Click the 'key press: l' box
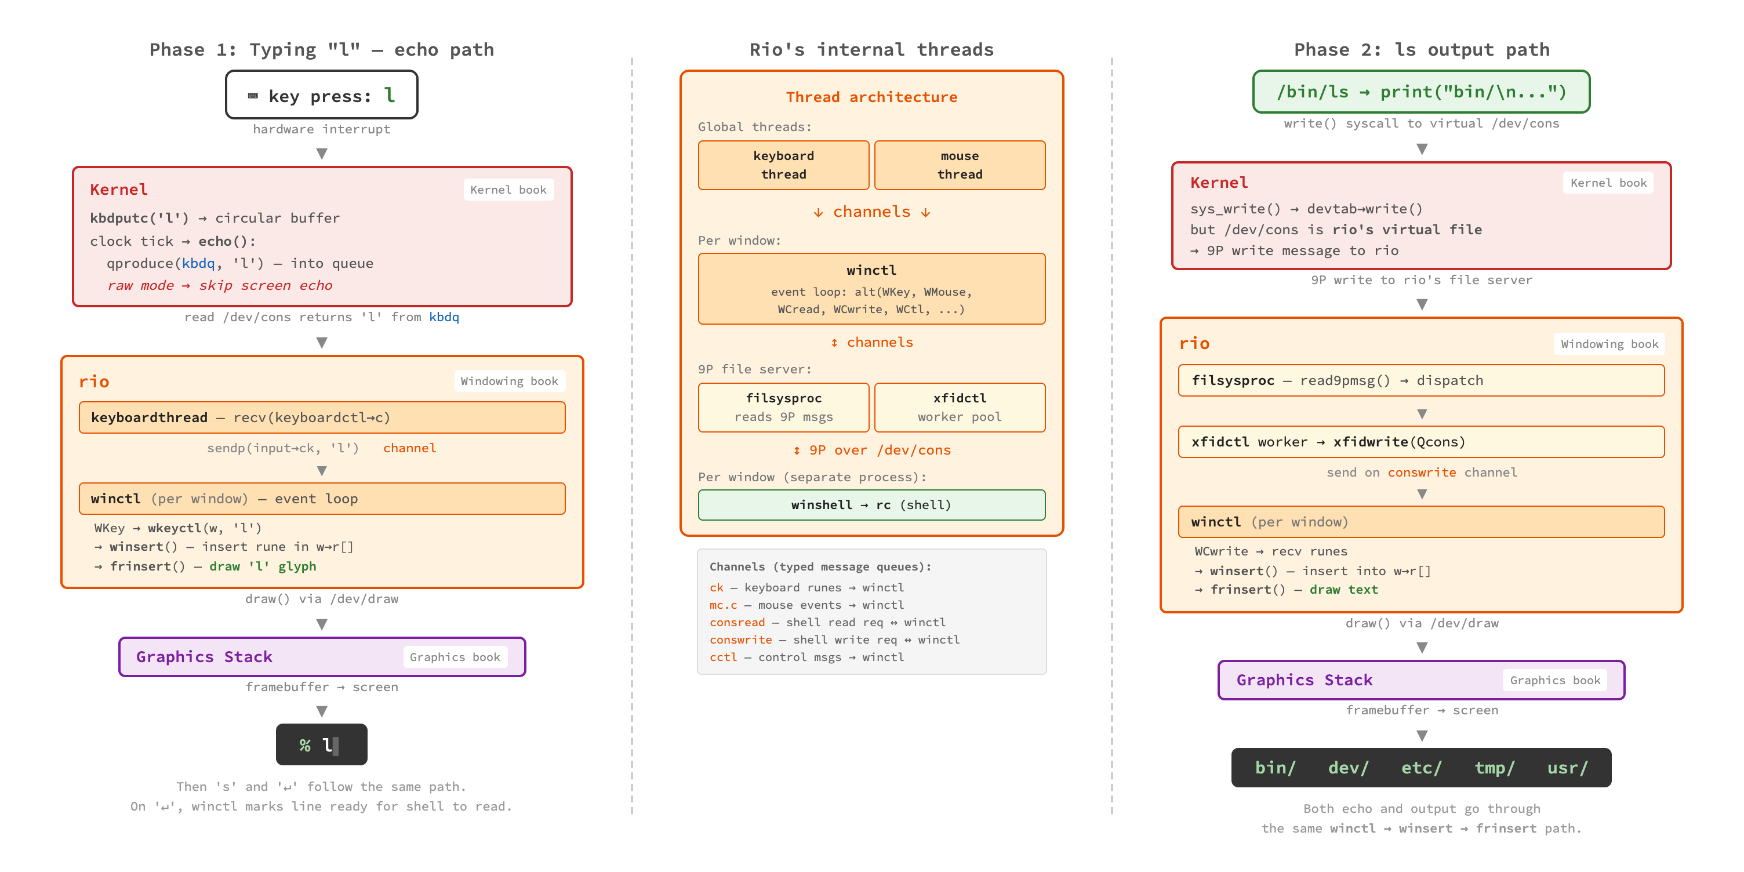(x=322, y=96)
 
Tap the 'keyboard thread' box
(x=783, y=165)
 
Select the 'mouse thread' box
(x=960, y=165)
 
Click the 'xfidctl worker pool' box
(x=960, y=408)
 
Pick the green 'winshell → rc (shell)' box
(x=871, y=505)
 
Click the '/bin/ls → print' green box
(x=1421, y=92)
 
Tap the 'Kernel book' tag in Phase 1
(x=508, y=190)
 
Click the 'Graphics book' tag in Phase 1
(x=455, y=657)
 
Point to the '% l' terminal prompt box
(x=322, y=744)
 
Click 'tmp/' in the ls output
(x=1494, y=768)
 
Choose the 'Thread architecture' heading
(x=871, y=97)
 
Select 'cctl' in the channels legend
(x=723, y=657)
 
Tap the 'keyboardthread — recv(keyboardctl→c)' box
(x=322, y=417)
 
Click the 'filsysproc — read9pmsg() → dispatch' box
(x=1421, y=380)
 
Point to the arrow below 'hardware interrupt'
(x=322, y=154)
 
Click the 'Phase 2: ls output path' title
(x=1421, y=49)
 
